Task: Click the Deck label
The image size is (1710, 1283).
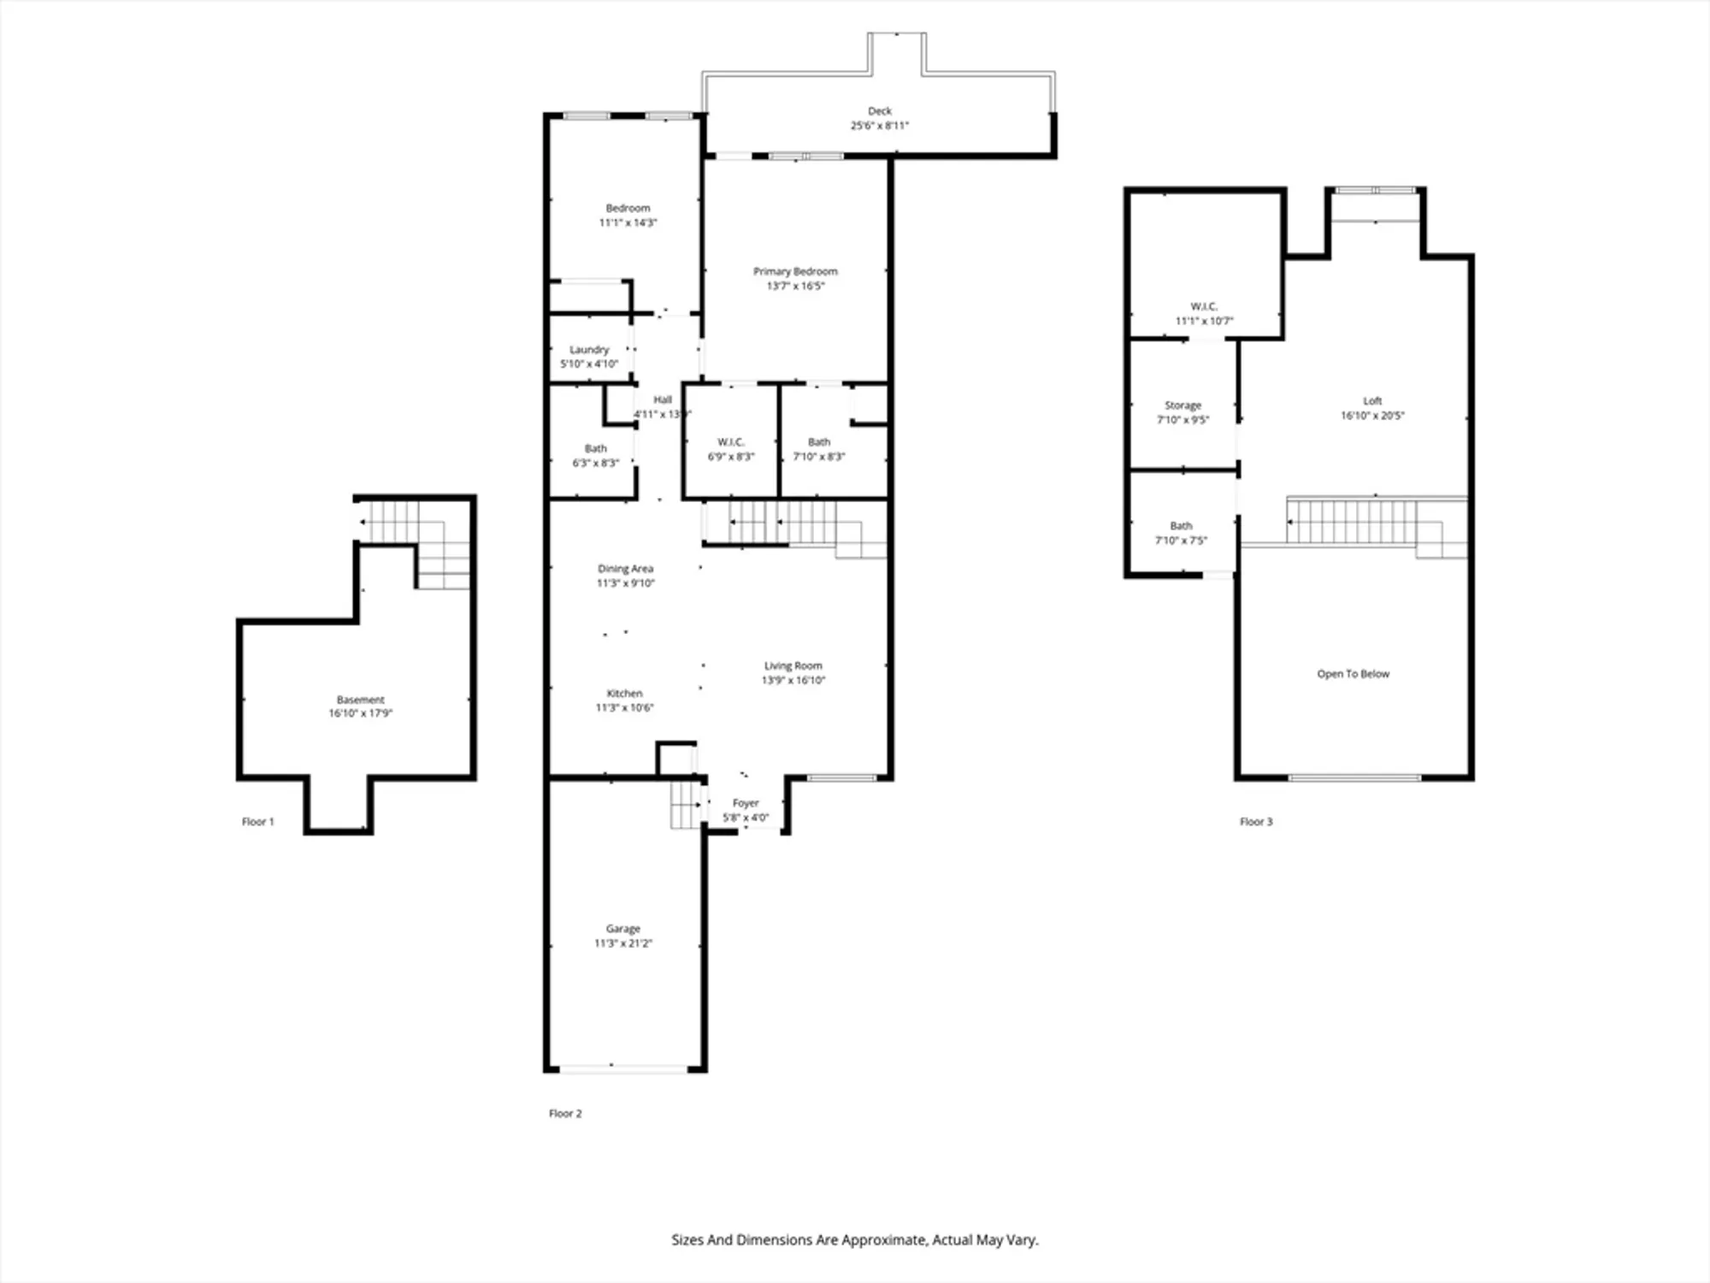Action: [x=880, y=111]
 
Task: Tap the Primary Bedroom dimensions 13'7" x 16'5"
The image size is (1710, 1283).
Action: [x=795, y=286]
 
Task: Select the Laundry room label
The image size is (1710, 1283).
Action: [x=589, y=350]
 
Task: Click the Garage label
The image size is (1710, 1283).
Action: [x=622, y=929]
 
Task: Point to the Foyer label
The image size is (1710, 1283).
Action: [x=746, y=803]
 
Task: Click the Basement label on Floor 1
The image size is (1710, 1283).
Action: [x=360, y=700]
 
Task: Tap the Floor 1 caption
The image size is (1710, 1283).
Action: [x=257, y=822]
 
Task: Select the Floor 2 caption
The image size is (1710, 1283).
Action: [x=565, y=1114]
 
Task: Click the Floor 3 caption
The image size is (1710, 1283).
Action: [x=1256, y=822]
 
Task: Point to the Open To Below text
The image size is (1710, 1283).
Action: [x=1353, y=674]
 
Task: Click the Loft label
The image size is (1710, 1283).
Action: [x=1372, y=401]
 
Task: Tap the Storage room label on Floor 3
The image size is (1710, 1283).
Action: [x=1182, y=405]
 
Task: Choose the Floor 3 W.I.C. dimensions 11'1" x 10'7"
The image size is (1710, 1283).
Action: [x=1204, y=322]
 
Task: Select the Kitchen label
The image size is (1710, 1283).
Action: [x=624, y=694]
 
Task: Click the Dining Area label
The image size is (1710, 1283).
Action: [x=625, y=569]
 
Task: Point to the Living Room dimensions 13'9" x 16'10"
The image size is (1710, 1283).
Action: [x=793, y=681]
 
